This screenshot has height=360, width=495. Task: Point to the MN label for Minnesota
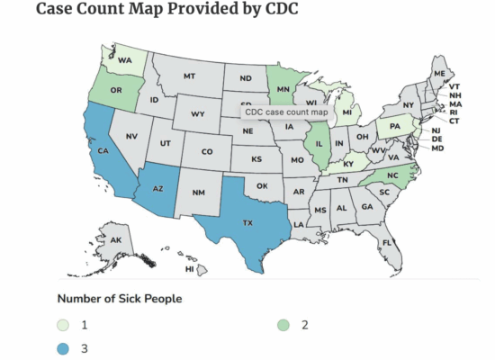282,89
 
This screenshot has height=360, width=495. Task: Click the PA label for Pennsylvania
393,126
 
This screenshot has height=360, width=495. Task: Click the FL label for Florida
387,243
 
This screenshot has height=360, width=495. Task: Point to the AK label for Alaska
117,240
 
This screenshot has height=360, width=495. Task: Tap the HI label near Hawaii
190,268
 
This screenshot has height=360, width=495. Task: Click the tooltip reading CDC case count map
286,112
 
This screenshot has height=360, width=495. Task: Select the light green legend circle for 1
64,324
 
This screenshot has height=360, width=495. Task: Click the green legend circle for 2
283,324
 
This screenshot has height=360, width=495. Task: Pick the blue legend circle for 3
64,346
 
